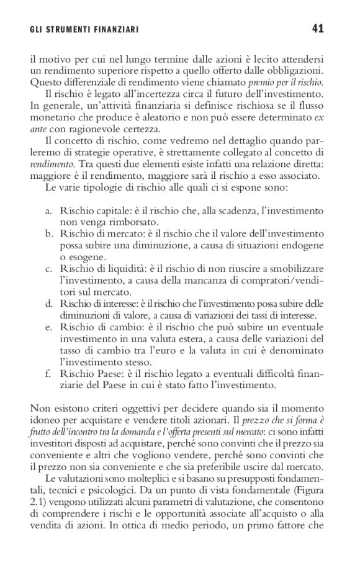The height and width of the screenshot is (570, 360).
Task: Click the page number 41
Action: point(317,28)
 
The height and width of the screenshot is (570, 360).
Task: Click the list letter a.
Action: point(48,212)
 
